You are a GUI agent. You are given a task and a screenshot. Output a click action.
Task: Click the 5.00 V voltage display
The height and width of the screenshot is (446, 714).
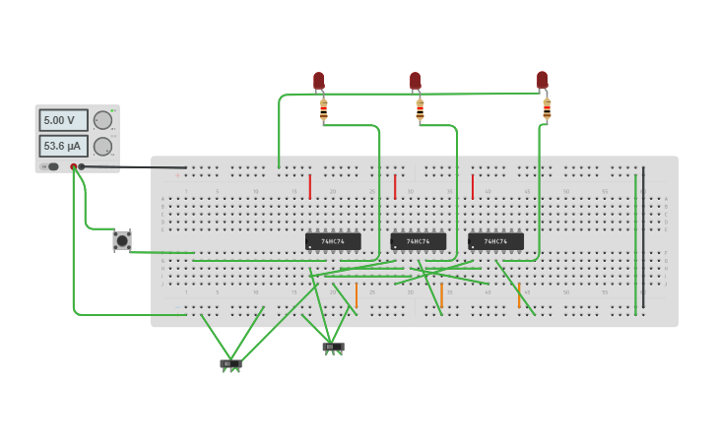click(63, 120)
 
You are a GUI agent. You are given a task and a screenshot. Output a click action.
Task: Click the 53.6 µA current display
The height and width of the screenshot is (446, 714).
click(63, 146)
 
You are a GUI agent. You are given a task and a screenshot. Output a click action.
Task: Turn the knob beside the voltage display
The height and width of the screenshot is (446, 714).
click(102, 120)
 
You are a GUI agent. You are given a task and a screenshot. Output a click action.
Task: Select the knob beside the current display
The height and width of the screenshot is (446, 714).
click(102, 146)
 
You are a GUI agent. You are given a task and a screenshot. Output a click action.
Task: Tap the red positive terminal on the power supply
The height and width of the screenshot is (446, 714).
click(74, 166)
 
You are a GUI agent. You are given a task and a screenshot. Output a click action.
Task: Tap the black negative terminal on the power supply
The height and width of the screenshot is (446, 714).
click(82, 166)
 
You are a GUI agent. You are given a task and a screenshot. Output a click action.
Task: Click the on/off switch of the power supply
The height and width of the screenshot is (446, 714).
click(51, 166)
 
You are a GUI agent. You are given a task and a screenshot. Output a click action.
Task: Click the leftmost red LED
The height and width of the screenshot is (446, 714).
click(318, 81)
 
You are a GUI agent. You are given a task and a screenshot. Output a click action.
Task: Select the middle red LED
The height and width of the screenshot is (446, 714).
click(415, 81)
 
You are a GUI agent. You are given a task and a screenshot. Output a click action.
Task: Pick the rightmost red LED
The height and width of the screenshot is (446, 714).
click(542, 80)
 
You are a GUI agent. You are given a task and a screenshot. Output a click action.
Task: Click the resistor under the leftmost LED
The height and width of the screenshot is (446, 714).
click(323, 111)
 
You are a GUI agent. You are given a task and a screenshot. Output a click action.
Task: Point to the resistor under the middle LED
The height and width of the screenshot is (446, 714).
click(420, 110)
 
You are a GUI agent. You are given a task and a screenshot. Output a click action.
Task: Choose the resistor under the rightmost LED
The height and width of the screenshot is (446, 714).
click(547, 108)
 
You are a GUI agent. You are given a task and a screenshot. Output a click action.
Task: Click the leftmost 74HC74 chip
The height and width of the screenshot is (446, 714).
click(333, 241)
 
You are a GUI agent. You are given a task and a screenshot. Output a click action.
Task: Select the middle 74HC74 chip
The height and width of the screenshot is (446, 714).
click(418, 241)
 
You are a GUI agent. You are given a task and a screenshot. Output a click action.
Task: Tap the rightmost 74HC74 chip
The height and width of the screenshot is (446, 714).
click(495, 241)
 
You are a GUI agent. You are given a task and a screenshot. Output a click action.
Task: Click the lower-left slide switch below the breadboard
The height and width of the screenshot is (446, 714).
click(230, 364)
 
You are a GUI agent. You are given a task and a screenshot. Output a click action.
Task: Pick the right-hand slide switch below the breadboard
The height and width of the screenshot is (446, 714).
click(333, 347)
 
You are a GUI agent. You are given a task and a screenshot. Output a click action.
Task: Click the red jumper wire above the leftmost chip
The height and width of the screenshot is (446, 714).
click(310, 186)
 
